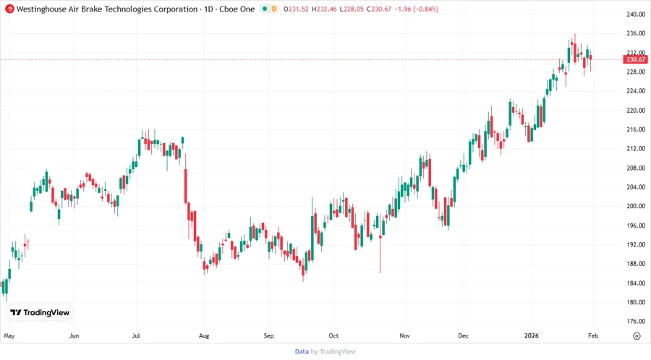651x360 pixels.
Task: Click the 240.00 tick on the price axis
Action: [636, 14]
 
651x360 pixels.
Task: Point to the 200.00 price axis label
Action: [636, 206]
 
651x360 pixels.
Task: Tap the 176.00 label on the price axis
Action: [636, 322]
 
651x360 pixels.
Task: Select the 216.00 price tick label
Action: [636, 129]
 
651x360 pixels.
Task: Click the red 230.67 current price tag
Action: [636, 59]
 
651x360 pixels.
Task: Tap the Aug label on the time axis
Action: [203, 336]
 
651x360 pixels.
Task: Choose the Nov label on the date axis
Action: [404, 336]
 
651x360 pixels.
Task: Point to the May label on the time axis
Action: [9, 336]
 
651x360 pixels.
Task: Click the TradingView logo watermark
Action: [40, 313]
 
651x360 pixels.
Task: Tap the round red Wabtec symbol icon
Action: [9, 9]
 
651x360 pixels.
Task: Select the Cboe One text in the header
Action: [237, 9]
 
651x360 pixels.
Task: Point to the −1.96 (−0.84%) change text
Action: [413, 9]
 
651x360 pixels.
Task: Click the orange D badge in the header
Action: [273, 9]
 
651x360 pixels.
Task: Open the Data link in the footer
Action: [302, 351]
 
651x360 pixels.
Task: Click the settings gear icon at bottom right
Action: [637, 336]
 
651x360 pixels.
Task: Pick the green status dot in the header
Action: [264, 9]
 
